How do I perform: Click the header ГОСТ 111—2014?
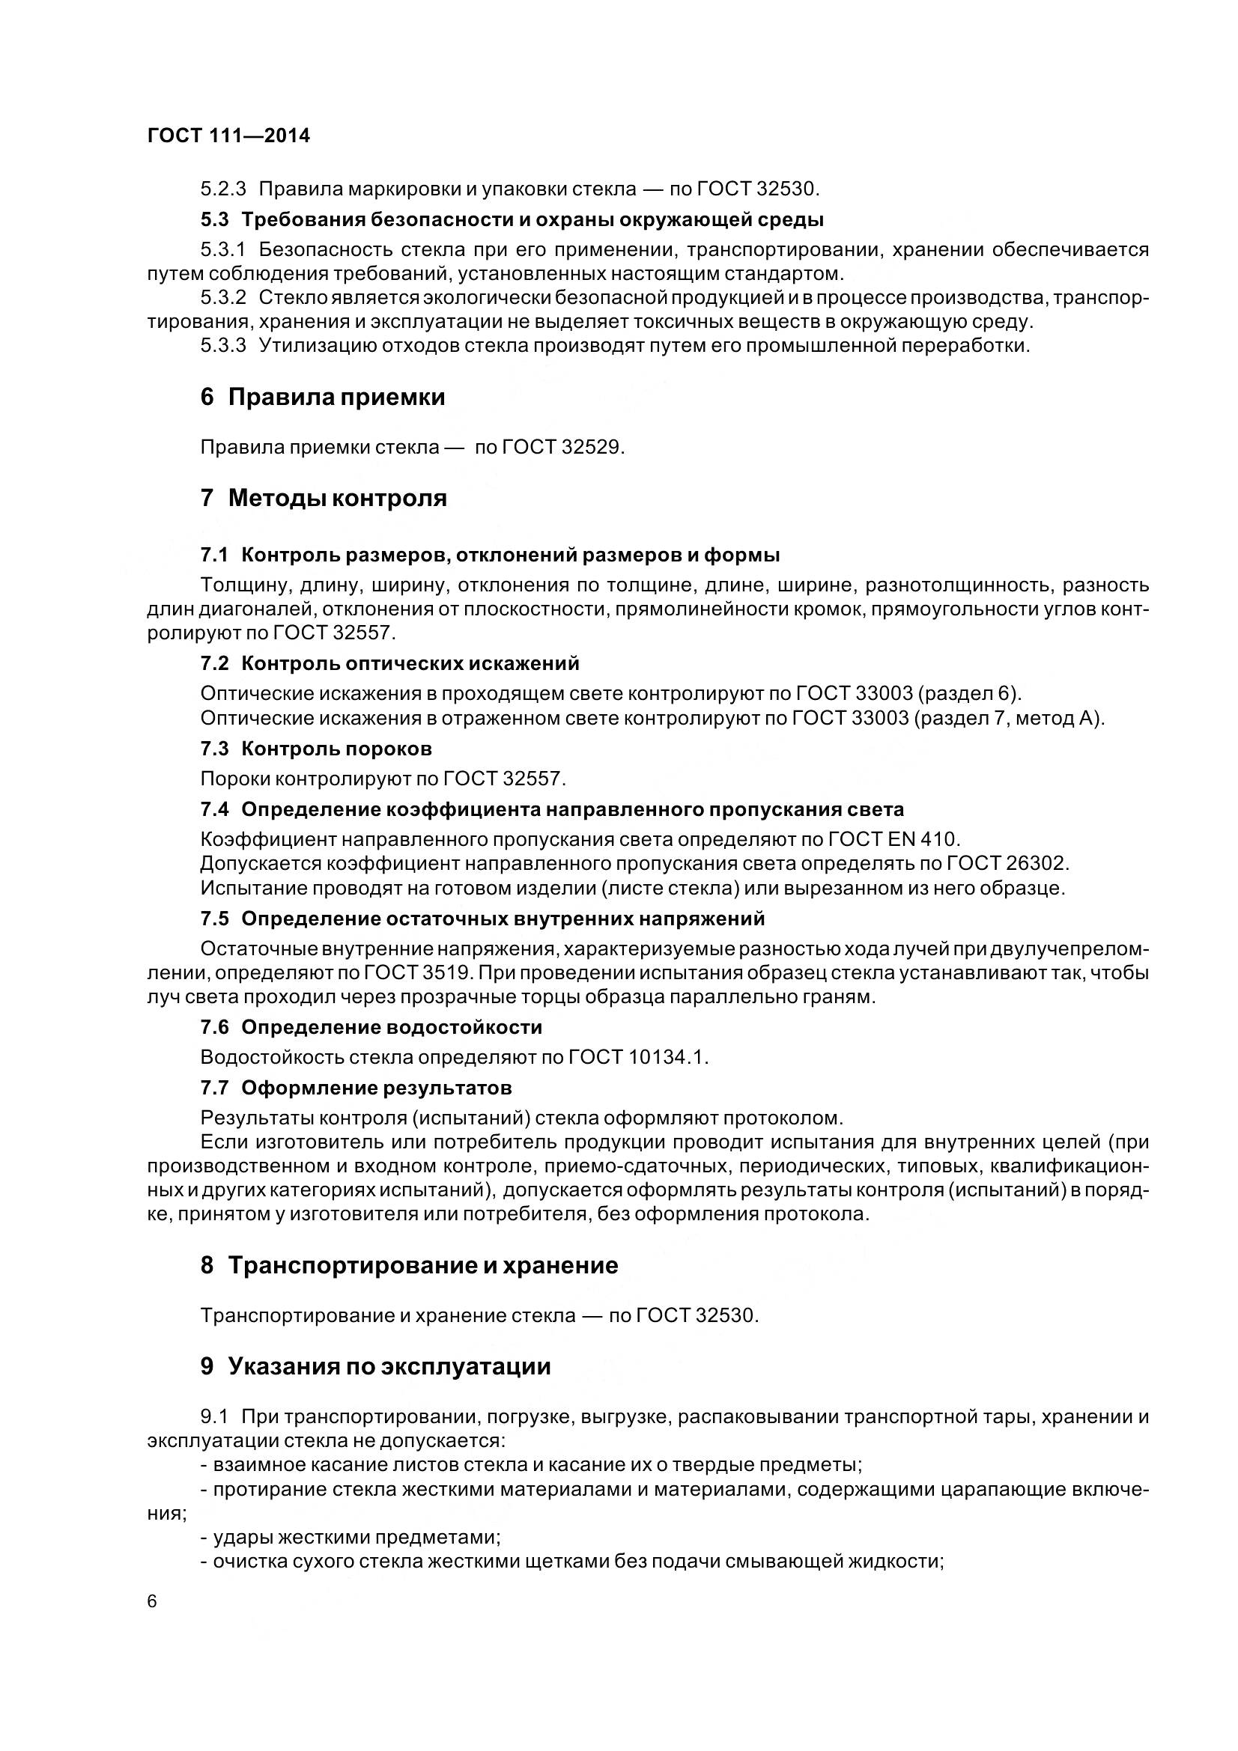[229, 135]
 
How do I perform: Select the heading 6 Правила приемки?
[323, 398]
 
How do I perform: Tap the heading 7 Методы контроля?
[324, 499]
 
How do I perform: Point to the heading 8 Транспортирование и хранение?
[409, 1266]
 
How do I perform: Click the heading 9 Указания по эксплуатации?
[375, 1367]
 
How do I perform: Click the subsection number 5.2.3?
[223, 189]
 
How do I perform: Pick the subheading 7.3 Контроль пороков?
[316, 749]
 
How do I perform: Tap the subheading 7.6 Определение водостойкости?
[371, 1028]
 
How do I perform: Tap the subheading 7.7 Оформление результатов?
[356, 1088]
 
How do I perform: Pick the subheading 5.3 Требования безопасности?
[512, 220]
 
